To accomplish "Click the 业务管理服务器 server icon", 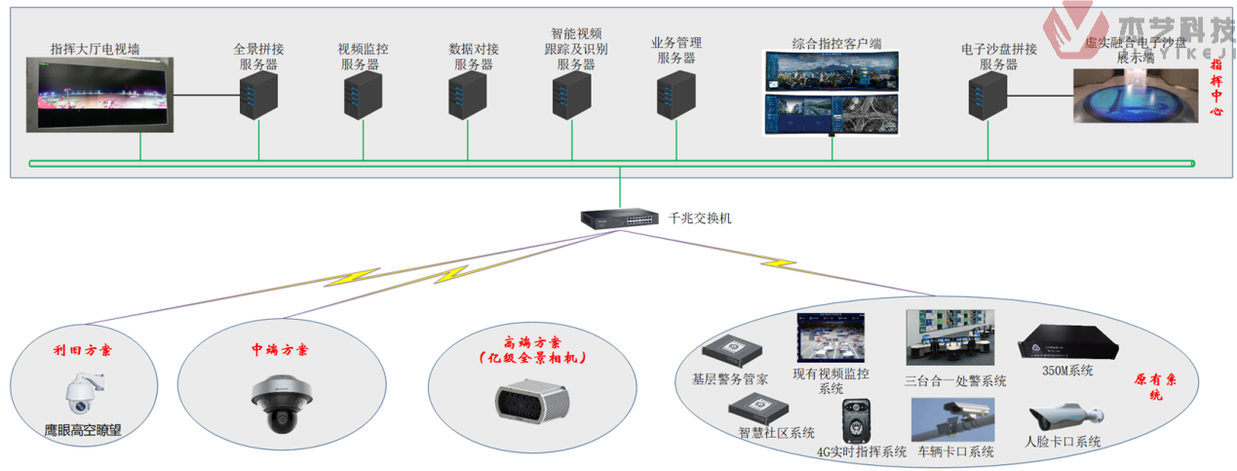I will pyautogui.click(x=676, y=98).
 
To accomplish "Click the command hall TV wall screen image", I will pyautogui.click(x=100, y=95).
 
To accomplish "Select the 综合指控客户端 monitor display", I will pyautogui.click(x=831, y=94).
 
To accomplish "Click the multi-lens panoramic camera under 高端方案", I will pyautogui.click(x=529, y=402).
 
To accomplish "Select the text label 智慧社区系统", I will pyautogui.click(x=776, y=433).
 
